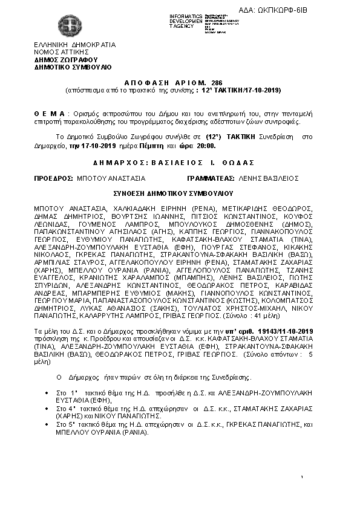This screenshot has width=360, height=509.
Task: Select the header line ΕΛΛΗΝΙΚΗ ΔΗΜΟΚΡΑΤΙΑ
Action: click(x=74, y=45)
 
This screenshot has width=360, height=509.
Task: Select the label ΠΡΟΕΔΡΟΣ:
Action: click(x=53, y=179)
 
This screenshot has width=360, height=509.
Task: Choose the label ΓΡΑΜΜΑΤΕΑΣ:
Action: click(x=211, y=179)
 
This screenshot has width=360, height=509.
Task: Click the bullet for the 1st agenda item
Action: click(x=47, y=394)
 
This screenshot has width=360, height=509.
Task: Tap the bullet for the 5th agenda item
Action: click(x=47, y=425)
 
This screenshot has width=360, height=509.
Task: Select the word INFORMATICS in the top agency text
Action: click(x=186, y=15)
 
